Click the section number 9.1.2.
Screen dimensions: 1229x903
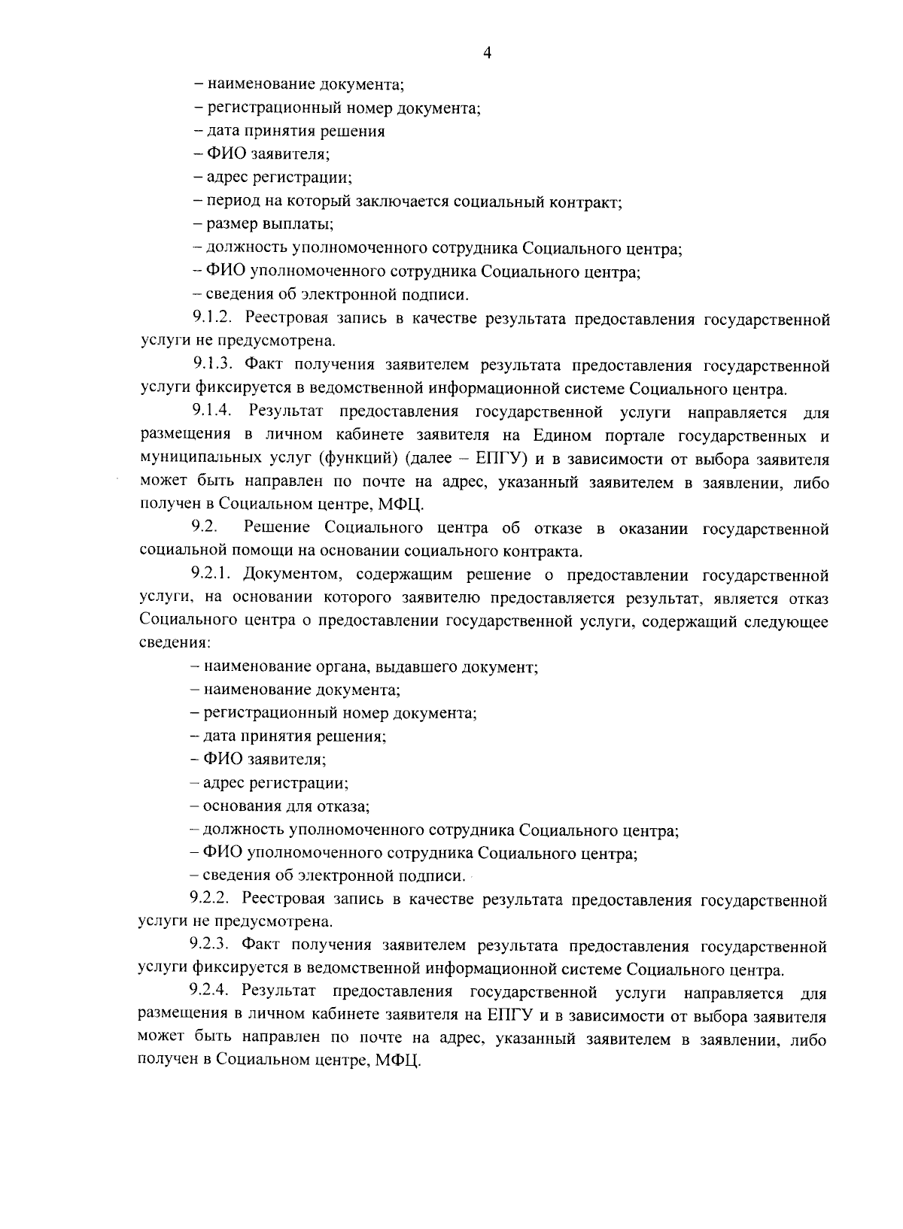click(214, 319)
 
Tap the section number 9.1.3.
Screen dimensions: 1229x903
click(214, 366)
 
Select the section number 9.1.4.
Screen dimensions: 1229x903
click(214, 412)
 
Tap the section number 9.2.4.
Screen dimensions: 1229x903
click(211, 992)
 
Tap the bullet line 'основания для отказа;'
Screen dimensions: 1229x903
click(285, 807)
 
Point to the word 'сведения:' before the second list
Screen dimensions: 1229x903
click(175, 645)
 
